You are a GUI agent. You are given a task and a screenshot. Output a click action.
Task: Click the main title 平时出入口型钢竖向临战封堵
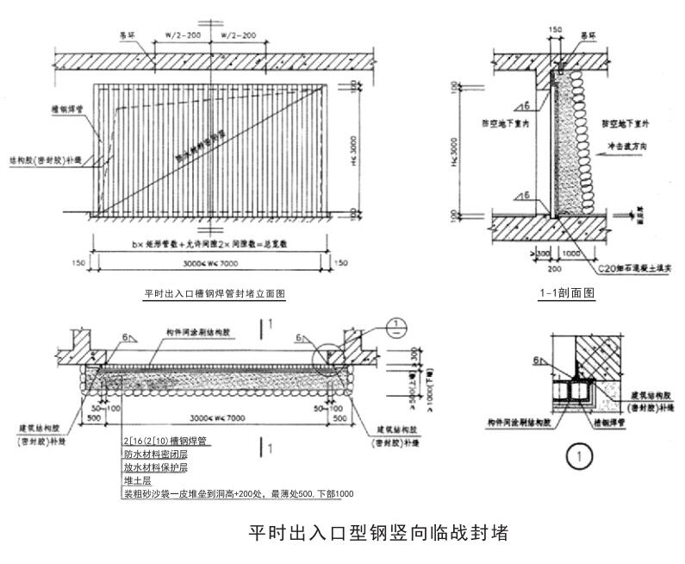point(378,532)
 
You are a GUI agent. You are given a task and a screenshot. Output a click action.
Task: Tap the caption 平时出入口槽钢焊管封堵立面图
point(214,294)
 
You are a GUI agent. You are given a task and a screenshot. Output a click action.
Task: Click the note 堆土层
point(137,480)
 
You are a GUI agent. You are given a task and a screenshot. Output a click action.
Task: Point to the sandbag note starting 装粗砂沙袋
point(238,494)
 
